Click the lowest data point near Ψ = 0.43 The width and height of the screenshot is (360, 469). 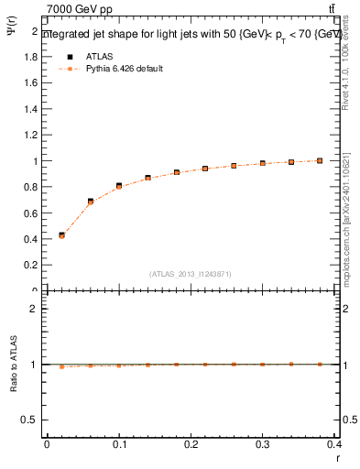(61, 235)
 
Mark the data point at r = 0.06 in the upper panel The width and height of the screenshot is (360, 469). (91, 202)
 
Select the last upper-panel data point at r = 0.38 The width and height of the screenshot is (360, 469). (320, 160)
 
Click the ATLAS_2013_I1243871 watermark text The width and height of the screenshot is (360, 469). (191, 274)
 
